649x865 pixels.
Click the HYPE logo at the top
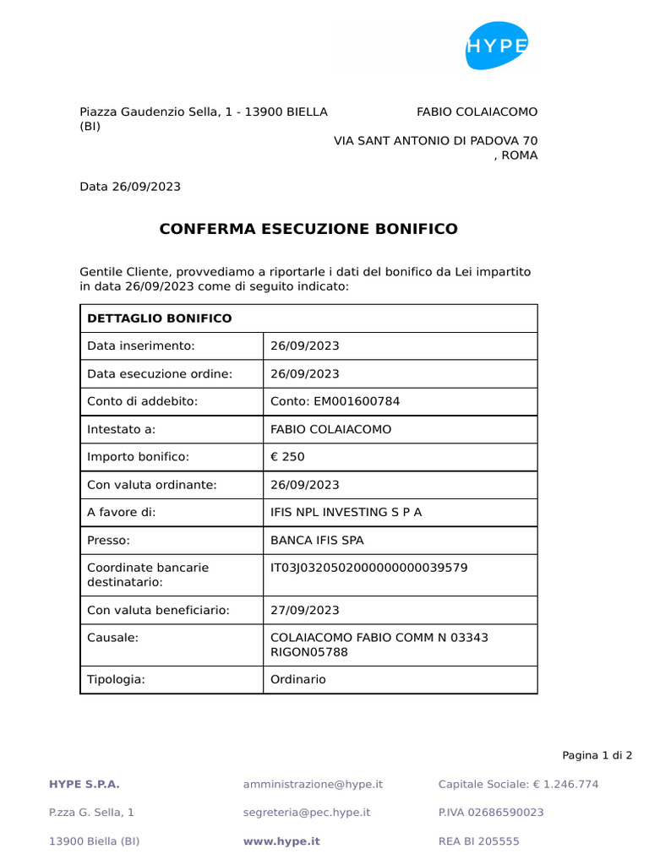coord(497,46)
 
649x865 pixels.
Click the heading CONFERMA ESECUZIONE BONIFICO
coord(308,229)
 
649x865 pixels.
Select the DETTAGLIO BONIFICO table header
coord(159,318)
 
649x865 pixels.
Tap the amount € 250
coord(287,457)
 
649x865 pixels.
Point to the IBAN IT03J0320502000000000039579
coord(368,568)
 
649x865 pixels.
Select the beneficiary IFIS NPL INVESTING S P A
coord(346,513)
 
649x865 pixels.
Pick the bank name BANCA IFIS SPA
coord(317,541)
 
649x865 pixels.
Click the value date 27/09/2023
coord(304,610)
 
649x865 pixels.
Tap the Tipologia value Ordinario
coord(297,679)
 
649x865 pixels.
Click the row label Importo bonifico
coord(139,457)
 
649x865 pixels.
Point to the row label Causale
coord(112,638)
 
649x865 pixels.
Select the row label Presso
coord(108,541)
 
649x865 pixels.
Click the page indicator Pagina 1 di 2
coord(597,755)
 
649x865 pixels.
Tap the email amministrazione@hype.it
coord(313,784)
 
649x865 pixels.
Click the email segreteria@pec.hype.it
coord(307,813)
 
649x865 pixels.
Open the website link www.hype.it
coord(281,841)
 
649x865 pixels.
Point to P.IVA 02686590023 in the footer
coord(491,813)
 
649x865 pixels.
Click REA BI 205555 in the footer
coord(479,841)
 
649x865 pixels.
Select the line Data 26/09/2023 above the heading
coord(130,187)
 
